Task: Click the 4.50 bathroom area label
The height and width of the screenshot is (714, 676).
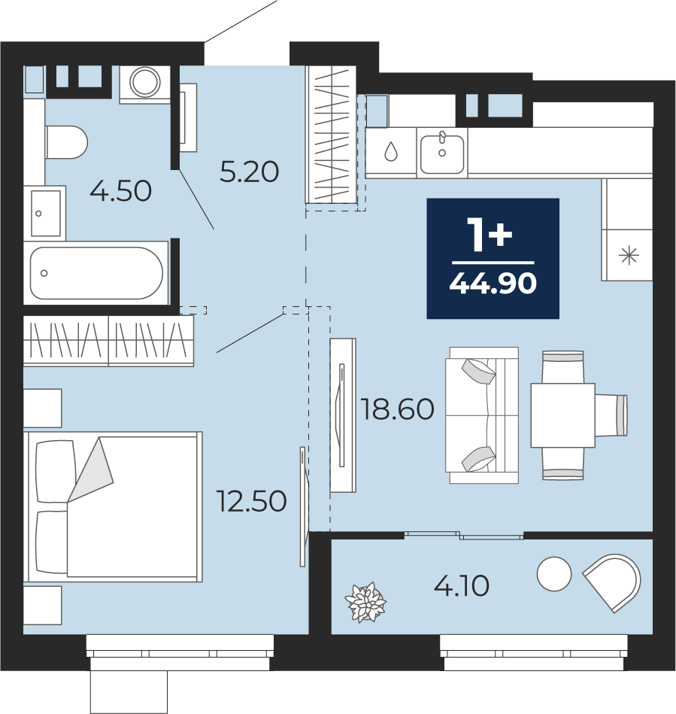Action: tap(120, 191)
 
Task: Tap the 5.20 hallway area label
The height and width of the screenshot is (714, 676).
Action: tap(249, 172)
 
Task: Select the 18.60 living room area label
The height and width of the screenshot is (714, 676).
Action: tap(398, 409)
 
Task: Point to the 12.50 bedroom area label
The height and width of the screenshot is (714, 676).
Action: tap(251, 501)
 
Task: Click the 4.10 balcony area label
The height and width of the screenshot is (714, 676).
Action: tap(461, 585)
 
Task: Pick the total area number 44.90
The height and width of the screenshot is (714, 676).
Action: tap(493, 283)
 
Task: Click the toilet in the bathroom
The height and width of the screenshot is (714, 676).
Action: tap(66, 142)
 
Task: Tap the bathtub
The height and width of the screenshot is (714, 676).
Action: tap(96, 273)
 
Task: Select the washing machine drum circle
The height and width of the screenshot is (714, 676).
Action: tap(145, 83)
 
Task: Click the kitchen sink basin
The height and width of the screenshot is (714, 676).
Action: tap(442, 154)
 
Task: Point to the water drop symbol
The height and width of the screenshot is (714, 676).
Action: tap(390, 151)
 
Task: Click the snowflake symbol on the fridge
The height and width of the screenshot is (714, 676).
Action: tap(629, 255)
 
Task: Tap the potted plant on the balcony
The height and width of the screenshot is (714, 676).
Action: tap(365, 602)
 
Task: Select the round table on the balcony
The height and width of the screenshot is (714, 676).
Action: tap(554, 574)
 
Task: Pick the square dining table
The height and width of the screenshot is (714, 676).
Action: tap(562, 415)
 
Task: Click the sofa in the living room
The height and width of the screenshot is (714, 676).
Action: tap(482, 415)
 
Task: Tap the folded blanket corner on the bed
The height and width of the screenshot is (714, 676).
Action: tap(90, 469)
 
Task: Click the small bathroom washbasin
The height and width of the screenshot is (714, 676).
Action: tap(46, 213)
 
